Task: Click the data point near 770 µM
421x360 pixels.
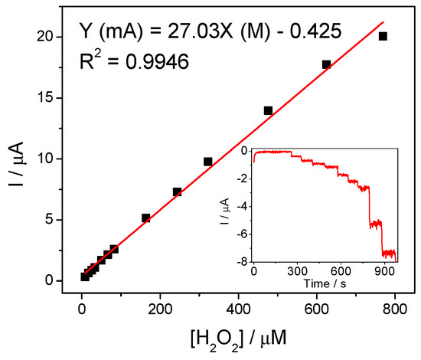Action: [383, 36]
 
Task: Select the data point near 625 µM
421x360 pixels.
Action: [326, 64]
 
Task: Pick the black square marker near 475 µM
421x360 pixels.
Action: [268, 110]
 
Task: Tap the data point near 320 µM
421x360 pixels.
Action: [207, 162]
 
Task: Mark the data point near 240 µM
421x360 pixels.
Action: [177, 191]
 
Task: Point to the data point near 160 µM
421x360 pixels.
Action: [145, 218]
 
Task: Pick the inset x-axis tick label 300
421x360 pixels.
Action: [296, 273]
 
